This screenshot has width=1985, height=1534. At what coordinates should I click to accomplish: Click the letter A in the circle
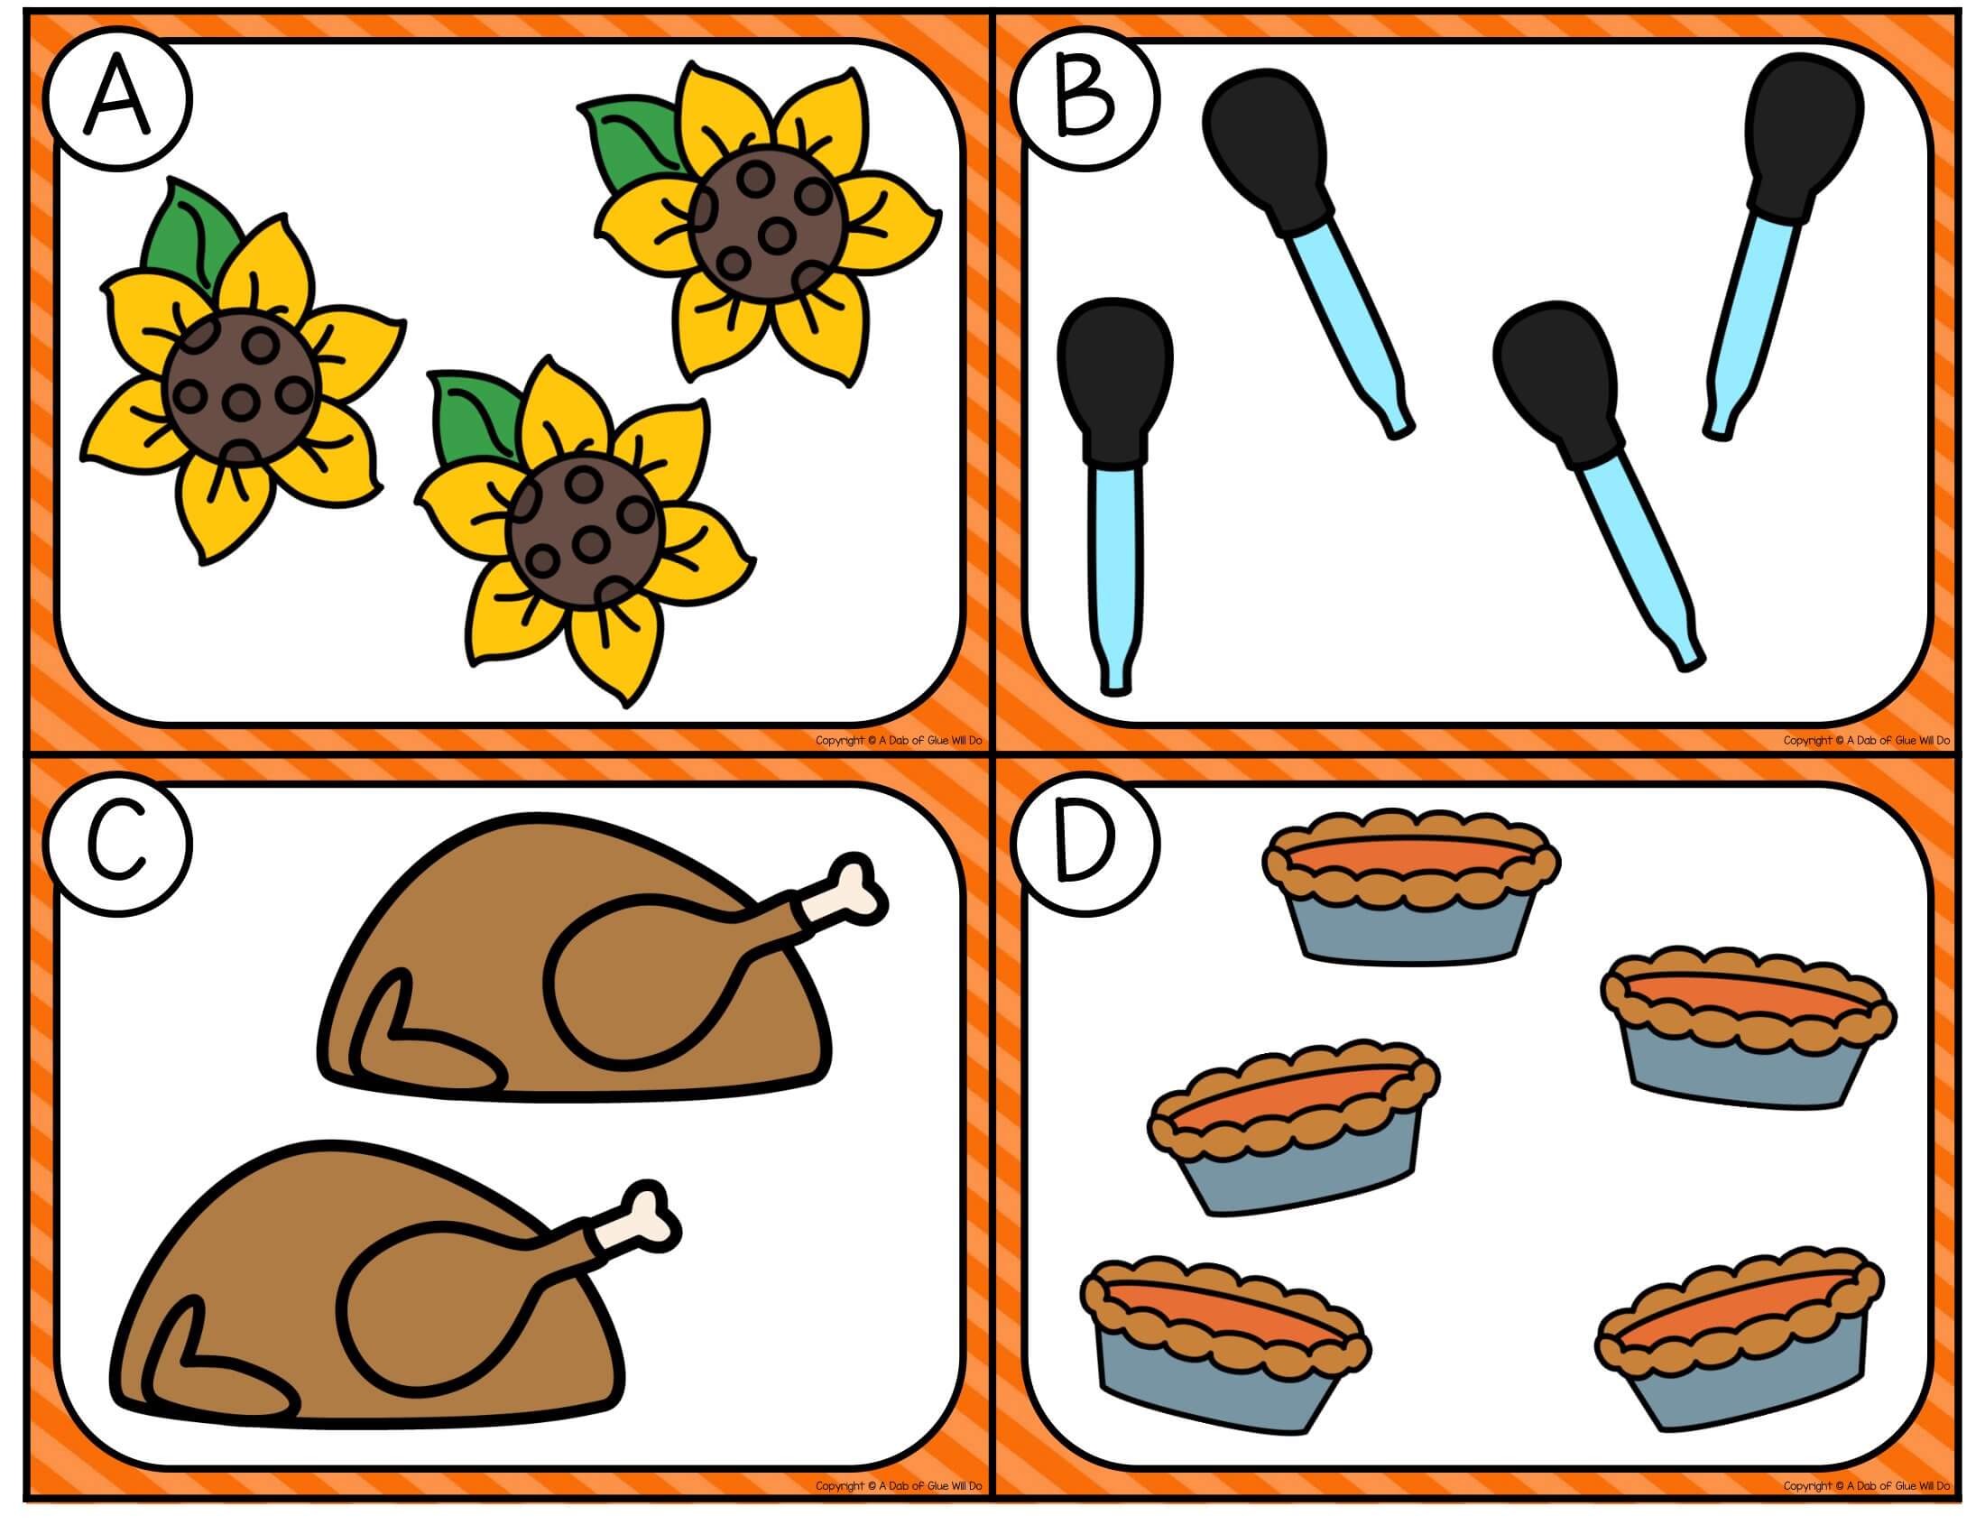117,99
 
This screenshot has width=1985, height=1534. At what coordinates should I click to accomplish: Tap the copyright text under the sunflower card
899,741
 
